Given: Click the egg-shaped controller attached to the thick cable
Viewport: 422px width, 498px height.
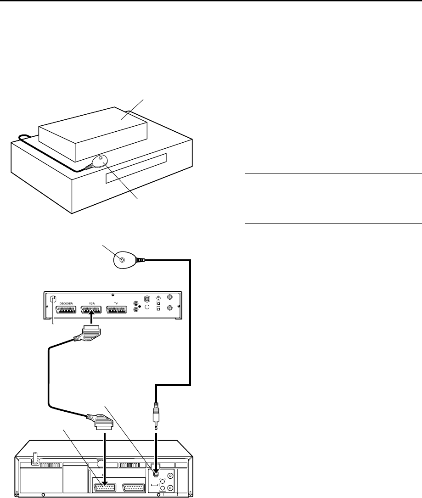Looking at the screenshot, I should click(x=124, y=260).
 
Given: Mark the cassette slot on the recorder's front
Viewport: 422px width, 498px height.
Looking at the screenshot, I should click(x=136, y=168).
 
